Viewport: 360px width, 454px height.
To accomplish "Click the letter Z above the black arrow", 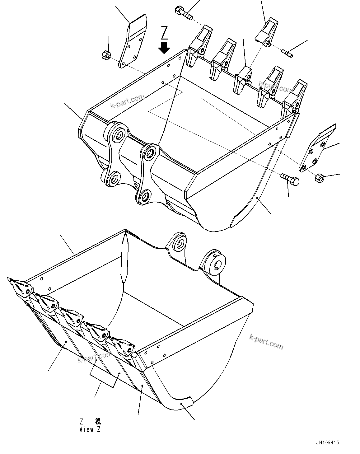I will point(165,33).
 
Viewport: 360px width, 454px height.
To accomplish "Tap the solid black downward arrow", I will point(164,48).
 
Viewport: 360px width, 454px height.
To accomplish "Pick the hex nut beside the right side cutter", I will point(319,178).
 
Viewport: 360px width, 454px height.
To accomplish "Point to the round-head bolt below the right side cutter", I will point(290,179).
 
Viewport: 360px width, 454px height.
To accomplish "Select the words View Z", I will point(90,430).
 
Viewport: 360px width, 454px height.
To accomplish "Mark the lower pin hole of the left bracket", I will point(113,179).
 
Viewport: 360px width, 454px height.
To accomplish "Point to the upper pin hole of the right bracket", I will point(150,153).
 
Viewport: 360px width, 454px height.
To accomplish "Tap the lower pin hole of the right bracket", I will point(145,197).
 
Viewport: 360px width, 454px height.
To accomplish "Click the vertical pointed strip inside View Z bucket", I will point(124,258).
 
